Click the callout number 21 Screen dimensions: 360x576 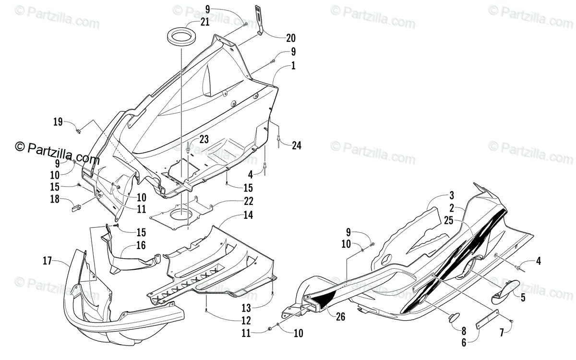[205, 22]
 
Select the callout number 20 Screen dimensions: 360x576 [290, 37]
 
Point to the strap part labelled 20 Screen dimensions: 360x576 [260, 19]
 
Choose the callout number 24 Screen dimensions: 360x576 [296, 146]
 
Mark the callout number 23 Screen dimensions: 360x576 [204, 140]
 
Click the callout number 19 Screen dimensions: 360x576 [58, 122]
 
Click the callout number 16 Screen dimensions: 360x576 [140, 246]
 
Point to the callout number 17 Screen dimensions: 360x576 [47, 261]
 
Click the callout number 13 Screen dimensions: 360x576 [246, 307]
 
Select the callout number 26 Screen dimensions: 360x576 [340, 316]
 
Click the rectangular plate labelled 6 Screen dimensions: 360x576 [487, 318]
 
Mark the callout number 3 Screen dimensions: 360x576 [452, 195]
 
